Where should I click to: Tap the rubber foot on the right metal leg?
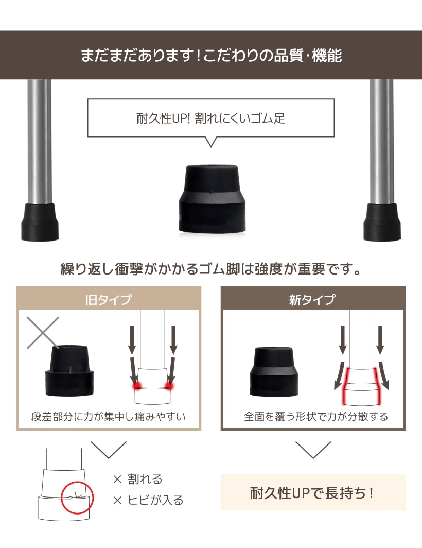382,222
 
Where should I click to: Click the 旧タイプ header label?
109,300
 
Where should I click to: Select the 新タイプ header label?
312,300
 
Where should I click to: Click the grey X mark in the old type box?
43,333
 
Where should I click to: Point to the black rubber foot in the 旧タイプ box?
70,370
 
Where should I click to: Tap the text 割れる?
145,479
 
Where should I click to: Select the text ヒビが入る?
155,500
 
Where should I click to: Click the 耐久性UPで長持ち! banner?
313,492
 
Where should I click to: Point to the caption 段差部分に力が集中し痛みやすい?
108,416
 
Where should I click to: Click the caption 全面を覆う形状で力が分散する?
316,416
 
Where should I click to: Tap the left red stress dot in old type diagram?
136,385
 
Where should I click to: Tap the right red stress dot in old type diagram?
169,385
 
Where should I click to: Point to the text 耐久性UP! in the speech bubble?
163,118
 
